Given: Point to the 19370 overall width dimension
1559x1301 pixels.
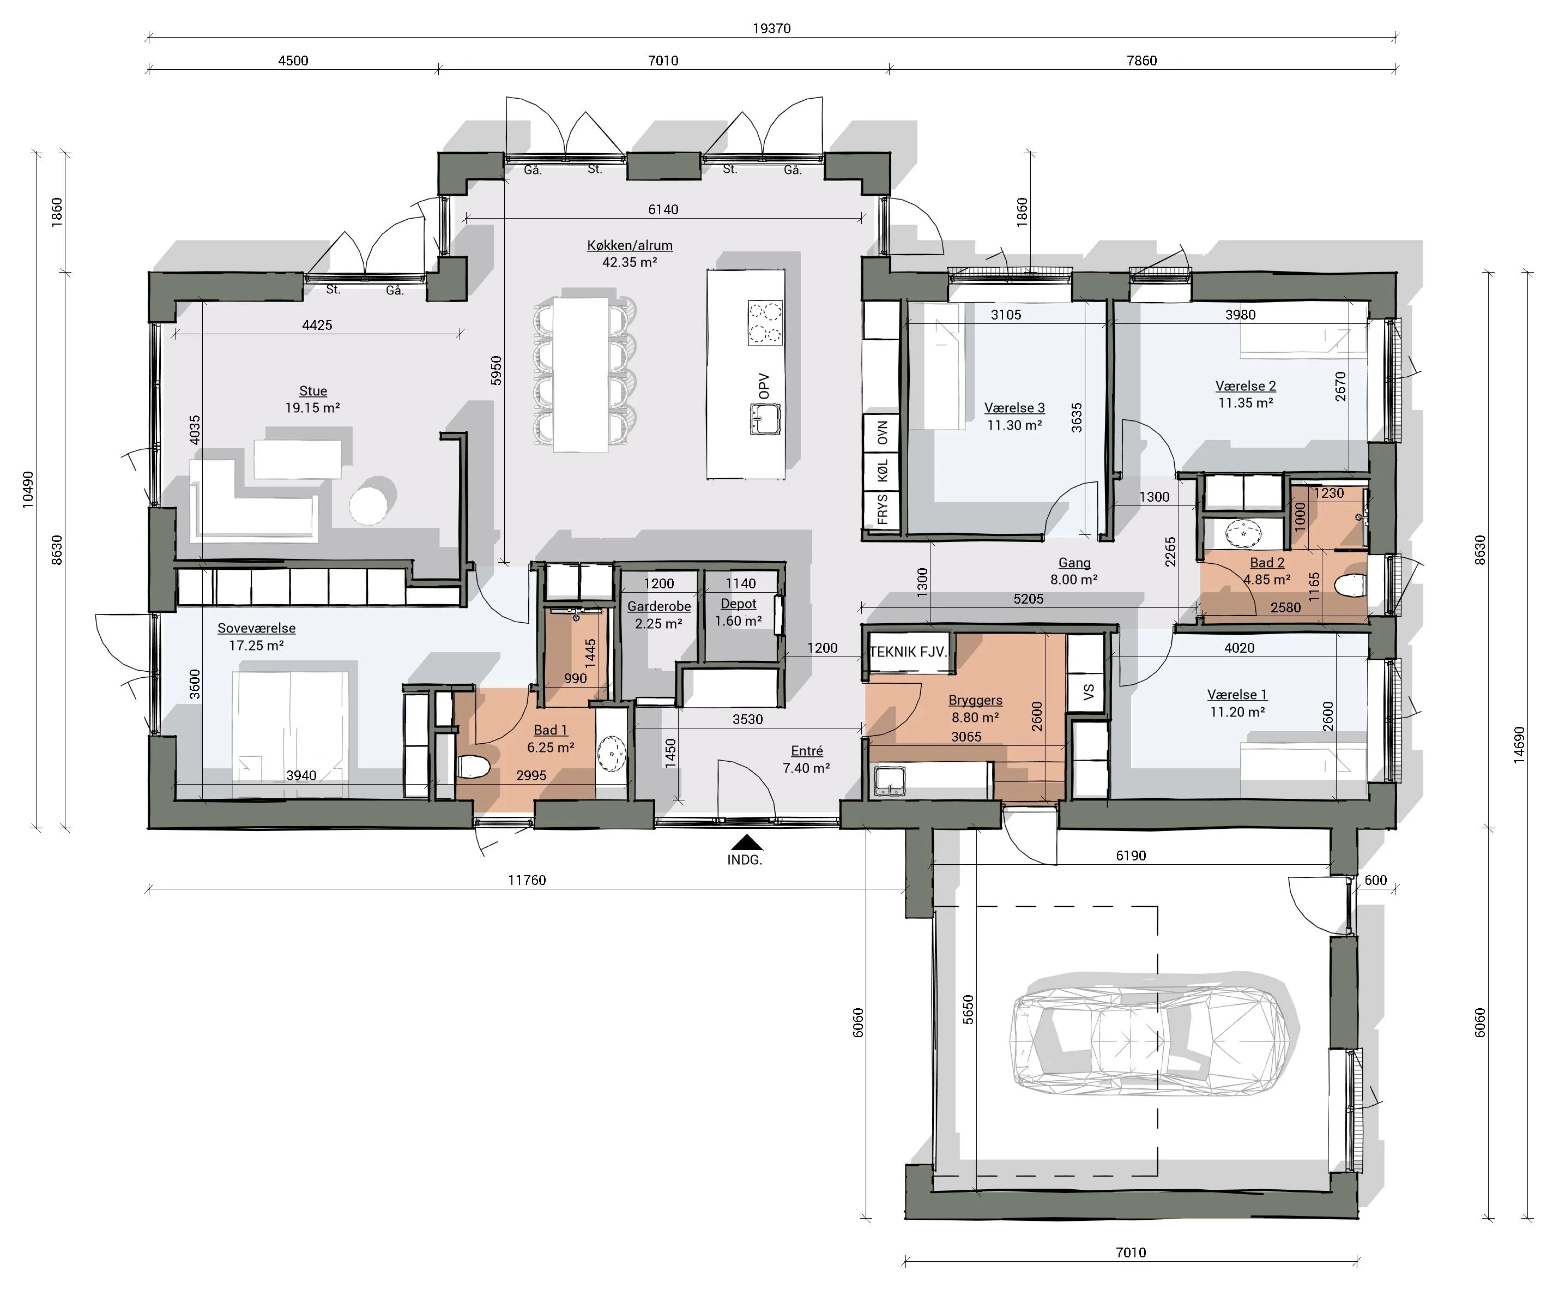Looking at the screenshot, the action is [771, 28].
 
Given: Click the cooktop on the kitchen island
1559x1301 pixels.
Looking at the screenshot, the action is [765, 323].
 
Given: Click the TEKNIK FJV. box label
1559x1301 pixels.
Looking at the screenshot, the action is [908, 652].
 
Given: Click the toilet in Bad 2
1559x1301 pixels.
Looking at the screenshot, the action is [1350, 587].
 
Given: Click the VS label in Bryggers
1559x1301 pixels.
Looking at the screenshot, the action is [1089, 692].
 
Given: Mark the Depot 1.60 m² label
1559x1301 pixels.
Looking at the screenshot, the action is [739, 613].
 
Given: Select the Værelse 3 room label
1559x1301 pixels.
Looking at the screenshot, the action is [1014, 417].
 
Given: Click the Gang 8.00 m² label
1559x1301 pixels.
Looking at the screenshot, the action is [1074, 571].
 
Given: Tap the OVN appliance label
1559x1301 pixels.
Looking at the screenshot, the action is [883, 433].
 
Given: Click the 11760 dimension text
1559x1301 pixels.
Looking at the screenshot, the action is [527, 880].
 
